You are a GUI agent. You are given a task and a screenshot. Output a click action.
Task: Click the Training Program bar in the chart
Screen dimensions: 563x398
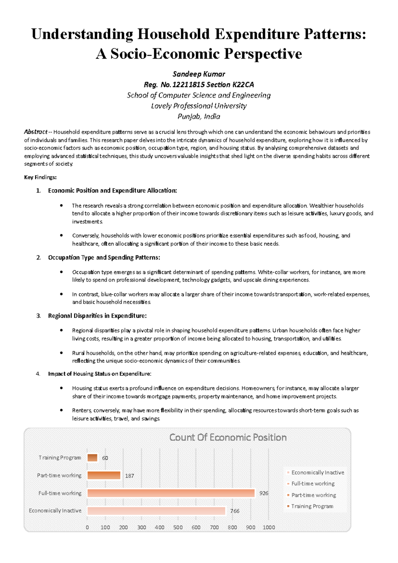(x=92, y=458)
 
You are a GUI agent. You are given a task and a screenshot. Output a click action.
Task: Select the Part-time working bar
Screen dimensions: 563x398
(x=104, y=475)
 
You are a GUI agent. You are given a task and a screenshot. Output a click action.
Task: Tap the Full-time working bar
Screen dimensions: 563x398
(x=171, y=493)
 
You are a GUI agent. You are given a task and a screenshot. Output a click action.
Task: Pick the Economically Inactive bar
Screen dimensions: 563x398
(x=156, y=511)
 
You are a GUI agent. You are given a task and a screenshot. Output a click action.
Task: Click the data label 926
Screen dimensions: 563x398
(x=264, y=493)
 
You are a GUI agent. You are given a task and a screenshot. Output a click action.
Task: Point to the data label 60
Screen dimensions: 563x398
(x=105, y=458)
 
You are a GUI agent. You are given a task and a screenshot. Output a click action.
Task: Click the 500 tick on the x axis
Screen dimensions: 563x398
(x=178, y=527)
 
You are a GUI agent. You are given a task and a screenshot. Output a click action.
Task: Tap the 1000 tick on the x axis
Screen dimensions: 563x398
(x=269, y=527)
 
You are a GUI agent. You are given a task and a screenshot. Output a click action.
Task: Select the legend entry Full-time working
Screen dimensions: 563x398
(x=313, y=484)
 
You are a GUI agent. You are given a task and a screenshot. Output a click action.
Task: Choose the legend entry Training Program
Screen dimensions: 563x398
(x=312, y=506)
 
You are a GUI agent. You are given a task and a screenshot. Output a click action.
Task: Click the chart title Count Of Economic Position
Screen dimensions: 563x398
(x=228, y=438)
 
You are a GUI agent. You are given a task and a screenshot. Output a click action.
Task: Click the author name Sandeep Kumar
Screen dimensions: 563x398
(x=199, y=74)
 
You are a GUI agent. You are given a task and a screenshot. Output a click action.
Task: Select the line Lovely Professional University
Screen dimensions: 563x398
(x=199, y=106)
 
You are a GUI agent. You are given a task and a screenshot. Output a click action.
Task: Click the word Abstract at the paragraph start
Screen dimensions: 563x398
(x=35, y=132)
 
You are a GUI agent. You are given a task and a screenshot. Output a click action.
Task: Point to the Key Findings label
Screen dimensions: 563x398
(x=40, y=177)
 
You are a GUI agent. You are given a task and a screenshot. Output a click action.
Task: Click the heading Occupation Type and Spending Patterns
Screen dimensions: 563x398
(x=104, y=258)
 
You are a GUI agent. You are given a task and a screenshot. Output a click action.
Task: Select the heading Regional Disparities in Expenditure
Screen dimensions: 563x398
(x=97, y=316)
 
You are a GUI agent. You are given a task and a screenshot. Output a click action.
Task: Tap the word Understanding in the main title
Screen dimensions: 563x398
(x=82, y=34)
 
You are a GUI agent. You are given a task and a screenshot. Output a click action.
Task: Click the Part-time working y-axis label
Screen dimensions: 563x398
(x=59, y=475)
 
